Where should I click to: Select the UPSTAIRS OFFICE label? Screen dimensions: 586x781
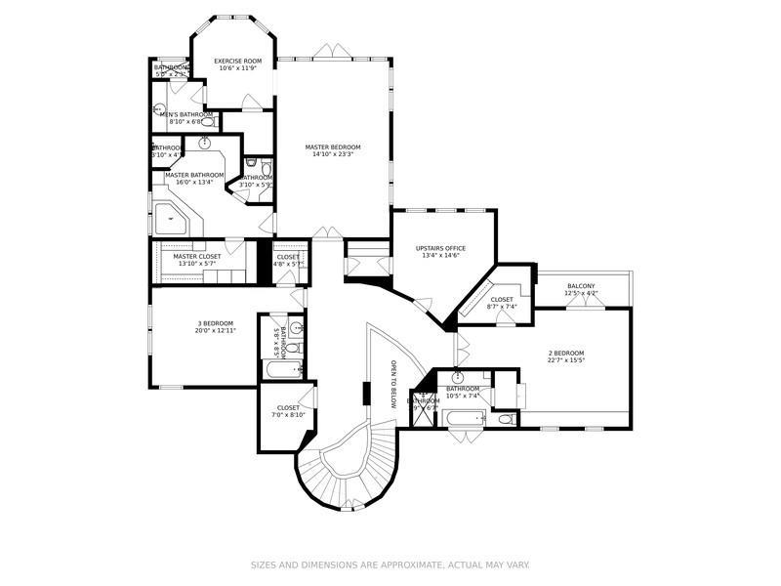pos(441,248)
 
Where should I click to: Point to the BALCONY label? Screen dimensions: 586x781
pos(581,286)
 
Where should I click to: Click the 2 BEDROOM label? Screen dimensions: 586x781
pos(564,354)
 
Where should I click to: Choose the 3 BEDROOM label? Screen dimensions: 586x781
pos(216,323)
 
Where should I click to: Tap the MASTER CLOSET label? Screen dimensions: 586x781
pos(197,256)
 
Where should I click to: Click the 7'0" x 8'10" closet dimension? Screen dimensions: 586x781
pos(289,415)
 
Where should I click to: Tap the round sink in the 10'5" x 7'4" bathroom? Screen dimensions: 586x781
pos(457,377)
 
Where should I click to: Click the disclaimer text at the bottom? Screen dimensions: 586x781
pos(390,565)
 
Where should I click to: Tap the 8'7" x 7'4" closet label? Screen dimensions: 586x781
pos(502,304)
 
